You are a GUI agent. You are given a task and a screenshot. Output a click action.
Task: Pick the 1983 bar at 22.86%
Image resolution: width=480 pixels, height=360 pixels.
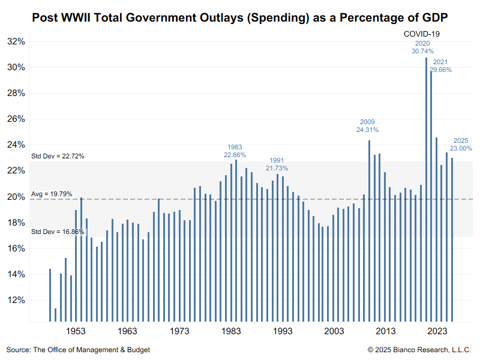(x=236, y=240)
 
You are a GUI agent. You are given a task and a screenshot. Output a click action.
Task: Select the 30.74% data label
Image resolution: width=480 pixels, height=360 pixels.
(x=423, y=52)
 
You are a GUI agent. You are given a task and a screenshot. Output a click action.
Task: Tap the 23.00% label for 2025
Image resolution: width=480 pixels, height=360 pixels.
(x=461, y=148)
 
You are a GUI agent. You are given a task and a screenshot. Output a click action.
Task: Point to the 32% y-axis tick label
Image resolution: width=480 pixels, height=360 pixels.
(x=16, y=41)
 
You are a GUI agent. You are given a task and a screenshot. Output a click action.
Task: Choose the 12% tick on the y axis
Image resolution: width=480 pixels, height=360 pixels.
(x=16, y=300)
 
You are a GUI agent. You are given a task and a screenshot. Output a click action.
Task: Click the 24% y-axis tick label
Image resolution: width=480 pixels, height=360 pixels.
(x=16, y=145)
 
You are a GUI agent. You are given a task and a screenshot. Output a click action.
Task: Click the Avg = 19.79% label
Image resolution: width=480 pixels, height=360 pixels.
(x=52, y=194)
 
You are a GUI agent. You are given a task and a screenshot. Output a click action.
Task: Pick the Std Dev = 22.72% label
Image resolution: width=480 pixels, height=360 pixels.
(x=58, y=156)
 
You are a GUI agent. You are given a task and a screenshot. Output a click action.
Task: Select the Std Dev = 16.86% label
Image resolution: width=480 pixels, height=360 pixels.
(x=58, y=232)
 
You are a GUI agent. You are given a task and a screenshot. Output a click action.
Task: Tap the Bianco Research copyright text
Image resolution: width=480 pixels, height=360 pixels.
(x=419, y=349)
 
